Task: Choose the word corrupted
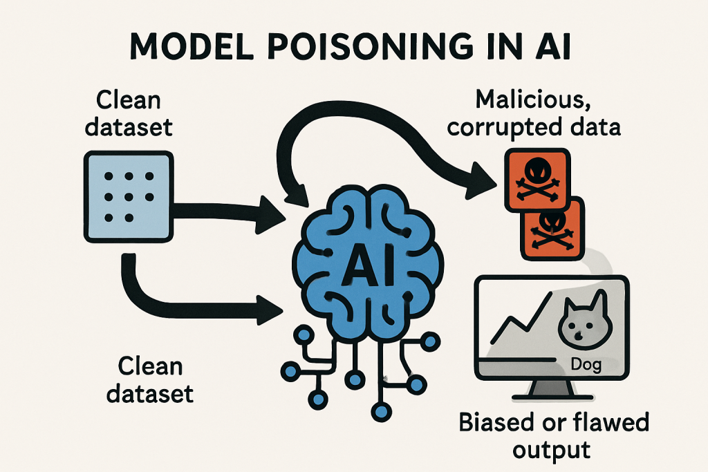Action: click(515, 129)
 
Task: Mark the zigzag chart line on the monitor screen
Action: click(525, 325)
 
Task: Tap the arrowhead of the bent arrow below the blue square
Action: click(271, 309)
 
